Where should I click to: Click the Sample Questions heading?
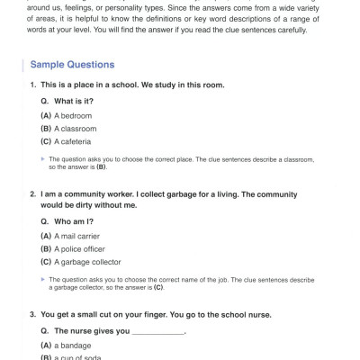click(72, 65)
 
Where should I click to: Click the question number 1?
click(32, 85)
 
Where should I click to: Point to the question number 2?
click(32, 193)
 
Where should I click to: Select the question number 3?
click(32, 314)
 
